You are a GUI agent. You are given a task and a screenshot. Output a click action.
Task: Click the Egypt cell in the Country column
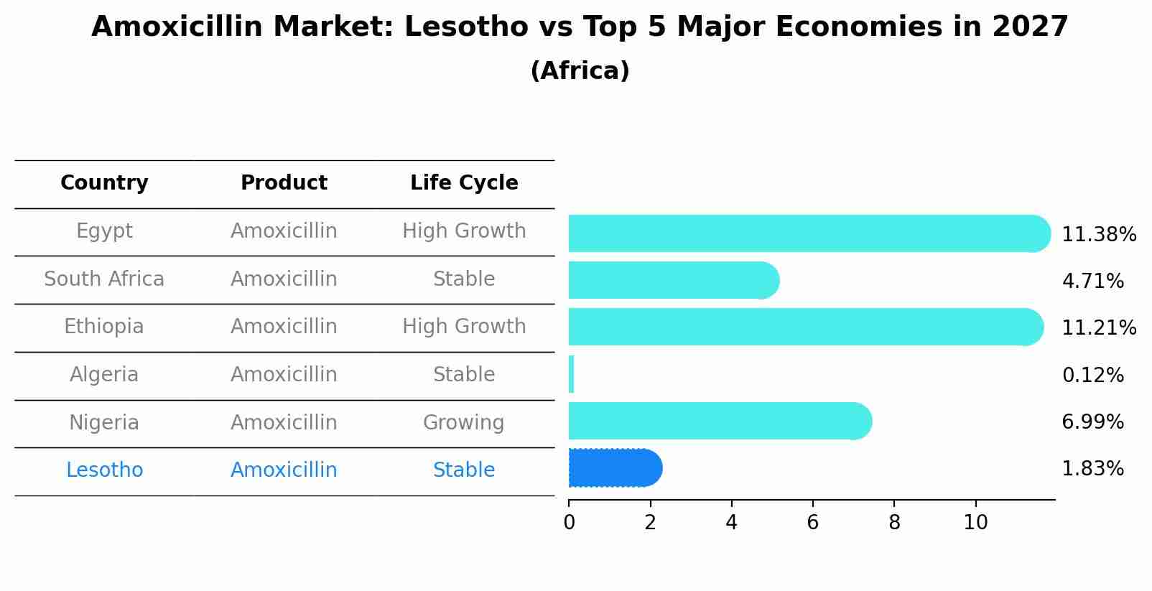(x=104, y=231)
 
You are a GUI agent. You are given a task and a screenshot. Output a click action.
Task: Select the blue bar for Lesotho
(x=614, y=468)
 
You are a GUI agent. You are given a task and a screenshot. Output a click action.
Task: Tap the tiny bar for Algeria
(x=571, y=374)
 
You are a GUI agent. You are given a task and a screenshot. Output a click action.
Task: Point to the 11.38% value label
(x=1098, y=235)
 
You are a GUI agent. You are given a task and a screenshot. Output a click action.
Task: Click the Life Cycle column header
(x=464, y=183)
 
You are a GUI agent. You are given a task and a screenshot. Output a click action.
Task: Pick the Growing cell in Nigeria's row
(x=463, y=422)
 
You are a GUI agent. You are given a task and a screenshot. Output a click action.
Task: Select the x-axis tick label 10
(x=975, y=523)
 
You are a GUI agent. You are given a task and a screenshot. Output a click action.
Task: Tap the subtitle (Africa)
(x=580, y=71)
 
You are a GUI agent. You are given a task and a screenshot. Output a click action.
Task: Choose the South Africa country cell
(x=104, y=279)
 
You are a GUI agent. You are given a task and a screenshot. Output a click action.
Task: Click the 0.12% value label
(x=1092, y=375)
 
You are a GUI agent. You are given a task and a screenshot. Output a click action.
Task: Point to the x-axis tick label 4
(x=731, y=523)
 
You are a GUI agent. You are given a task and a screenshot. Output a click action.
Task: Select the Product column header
(x=284, y=183)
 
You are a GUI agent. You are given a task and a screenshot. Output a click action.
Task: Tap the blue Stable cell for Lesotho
(x=463, y=470)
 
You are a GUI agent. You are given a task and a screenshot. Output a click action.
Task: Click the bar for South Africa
(x=672, y=280)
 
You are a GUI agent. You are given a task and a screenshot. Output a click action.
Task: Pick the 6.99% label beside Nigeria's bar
(x=1092, y=422)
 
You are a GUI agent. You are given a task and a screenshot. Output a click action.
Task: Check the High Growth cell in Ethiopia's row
(x=463, y=327)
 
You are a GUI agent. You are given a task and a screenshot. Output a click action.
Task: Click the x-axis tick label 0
(x=569, y=523)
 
